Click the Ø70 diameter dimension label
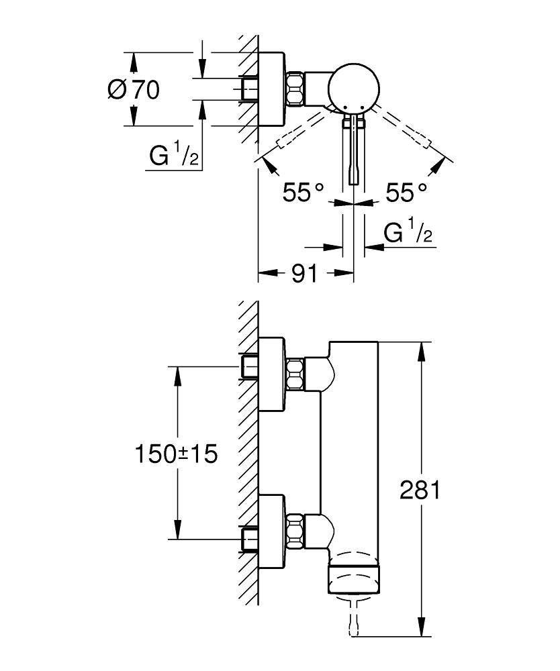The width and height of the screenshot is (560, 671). [134, 89]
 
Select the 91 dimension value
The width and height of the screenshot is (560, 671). [304, 273]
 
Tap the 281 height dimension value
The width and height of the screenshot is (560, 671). [420, 491]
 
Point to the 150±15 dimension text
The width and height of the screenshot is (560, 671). [176, 454]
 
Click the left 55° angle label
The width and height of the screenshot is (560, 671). [303, 194]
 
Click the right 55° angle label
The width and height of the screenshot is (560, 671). [406, 194]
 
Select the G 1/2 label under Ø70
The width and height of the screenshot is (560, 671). [173, 156]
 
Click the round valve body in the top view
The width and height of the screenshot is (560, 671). [354, 87]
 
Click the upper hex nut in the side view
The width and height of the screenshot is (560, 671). [295, 375]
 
